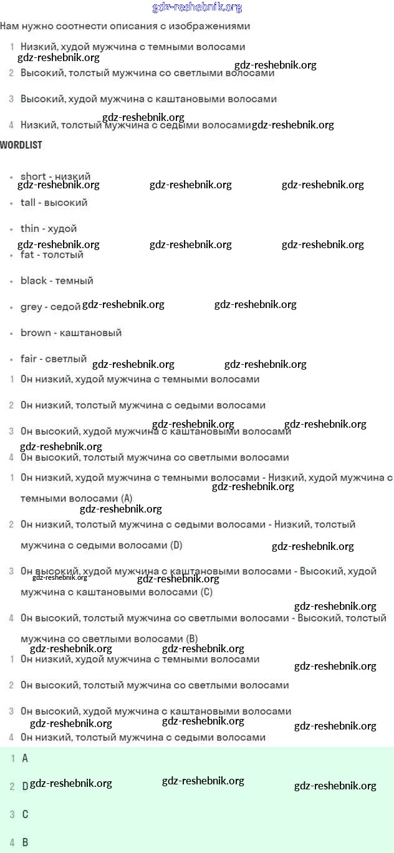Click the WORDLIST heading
pos(21,145)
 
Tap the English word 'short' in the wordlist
pos(33,176)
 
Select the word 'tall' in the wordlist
pos(28,203)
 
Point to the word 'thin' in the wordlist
pos(29,229)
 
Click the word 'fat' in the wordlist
pos(27,255)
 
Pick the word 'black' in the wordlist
pos(34,281)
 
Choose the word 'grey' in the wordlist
pos(31,307)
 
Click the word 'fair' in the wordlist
pos(29,359)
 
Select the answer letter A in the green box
pos(25,759)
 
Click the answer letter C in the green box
pos(25,814)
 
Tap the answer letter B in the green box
pos(25,842)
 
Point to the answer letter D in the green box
pos(25,786)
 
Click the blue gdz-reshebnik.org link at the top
pos(197,7)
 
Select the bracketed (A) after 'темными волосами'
pos(127,499)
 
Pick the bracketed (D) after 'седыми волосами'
pos(176,546)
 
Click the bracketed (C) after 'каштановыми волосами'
pos(206,592)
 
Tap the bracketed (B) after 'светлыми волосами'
pos(191,639)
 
